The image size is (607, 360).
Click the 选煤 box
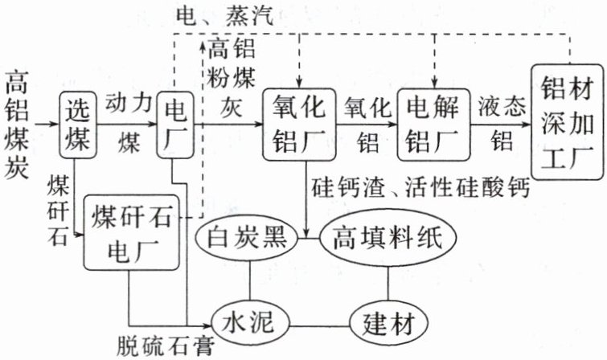pos(80,125)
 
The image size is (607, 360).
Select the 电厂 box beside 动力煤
pos(175,125)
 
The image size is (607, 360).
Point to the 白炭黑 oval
pos(247,238)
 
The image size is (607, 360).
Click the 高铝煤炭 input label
pos(19,125)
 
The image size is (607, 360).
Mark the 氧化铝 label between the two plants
pos(368,125)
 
